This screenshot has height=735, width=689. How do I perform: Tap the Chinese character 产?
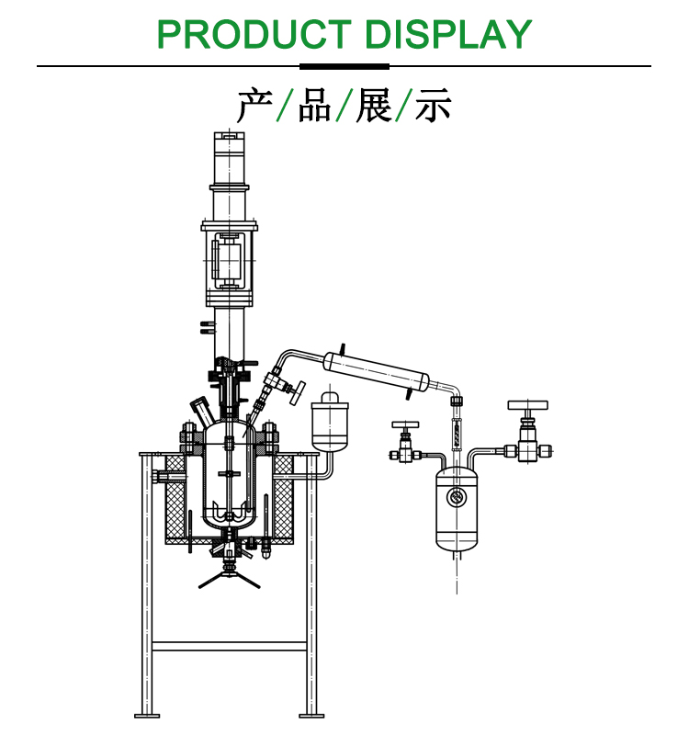point(254,106)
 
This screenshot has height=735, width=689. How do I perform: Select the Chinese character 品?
point(314,106)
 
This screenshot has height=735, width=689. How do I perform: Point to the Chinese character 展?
point(374,106)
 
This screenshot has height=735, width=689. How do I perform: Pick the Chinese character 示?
point(433,106)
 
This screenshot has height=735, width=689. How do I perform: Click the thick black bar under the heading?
point(344,66)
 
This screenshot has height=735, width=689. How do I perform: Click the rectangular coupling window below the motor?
point(227,260)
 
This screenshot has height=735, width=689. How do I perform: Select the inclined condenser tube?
point(377,370)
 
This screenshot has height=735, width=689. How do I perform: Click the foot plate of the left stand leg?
point(146,714)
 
